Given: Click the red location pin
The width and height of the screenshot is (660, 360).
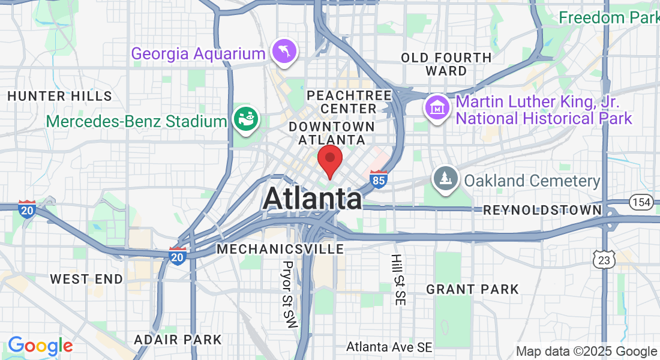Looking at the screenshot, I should (329, 160).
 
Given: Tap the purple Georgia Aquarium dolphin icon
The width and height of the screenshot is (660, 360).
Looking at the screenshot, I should (283, 52).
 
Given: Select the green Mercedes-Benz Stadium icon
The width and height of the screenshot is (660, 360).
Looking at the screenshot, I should (246, 119).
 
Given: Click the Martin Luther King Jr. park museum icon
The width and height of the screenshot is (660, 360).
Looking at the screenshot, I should (437, 108).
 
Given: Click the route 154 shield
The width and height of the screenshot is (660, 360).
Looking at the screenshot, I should (641, 202).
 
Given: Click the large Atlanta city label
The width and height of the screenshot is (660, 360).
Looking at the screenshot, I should (312, 199).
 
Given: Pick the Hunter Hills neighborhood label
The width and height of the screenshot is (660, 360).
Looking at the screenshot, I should (59, 96).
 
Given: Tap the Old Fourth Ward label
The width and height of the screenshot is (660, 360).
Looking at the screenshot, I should (446, 64).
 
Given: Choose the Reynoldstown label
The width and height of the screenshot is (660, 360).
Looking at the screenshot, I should (542, 210).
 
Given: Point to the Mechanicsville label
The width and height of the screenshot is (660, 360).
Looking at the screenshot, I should (280, 248).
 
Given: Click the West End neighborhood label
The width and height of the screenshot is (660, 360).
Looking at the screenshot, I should (86, 279).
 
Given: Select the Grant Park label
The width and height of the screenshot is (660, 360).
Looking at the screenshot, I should (472, 290).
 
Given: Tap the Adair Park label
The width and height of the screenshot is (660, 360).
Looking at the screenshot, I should (178, 340).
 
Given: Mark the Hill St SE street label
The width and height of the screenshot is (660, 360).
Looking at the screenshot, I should (397, 280).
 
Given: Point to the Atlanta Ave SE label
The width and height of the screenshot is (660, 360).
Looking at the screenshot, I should (389, 347).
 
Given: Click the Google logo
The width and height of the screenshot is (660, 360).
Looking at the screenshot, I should (40, 346).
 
